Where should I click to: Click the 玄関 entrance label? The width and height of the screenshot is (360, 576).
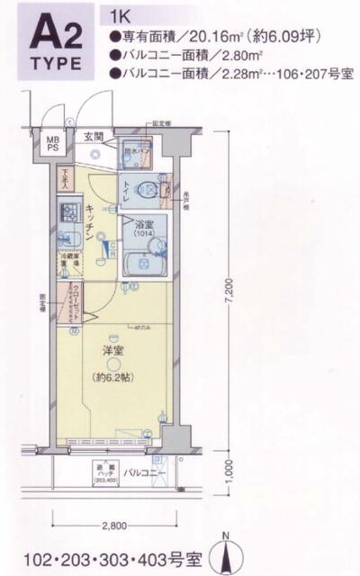coord(94,137)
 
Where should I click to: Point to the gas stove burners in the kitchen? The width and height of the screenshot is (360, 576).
coord(69,214)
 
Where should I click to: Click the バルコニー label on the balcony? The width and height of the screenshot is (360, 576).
coord(142,471)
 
